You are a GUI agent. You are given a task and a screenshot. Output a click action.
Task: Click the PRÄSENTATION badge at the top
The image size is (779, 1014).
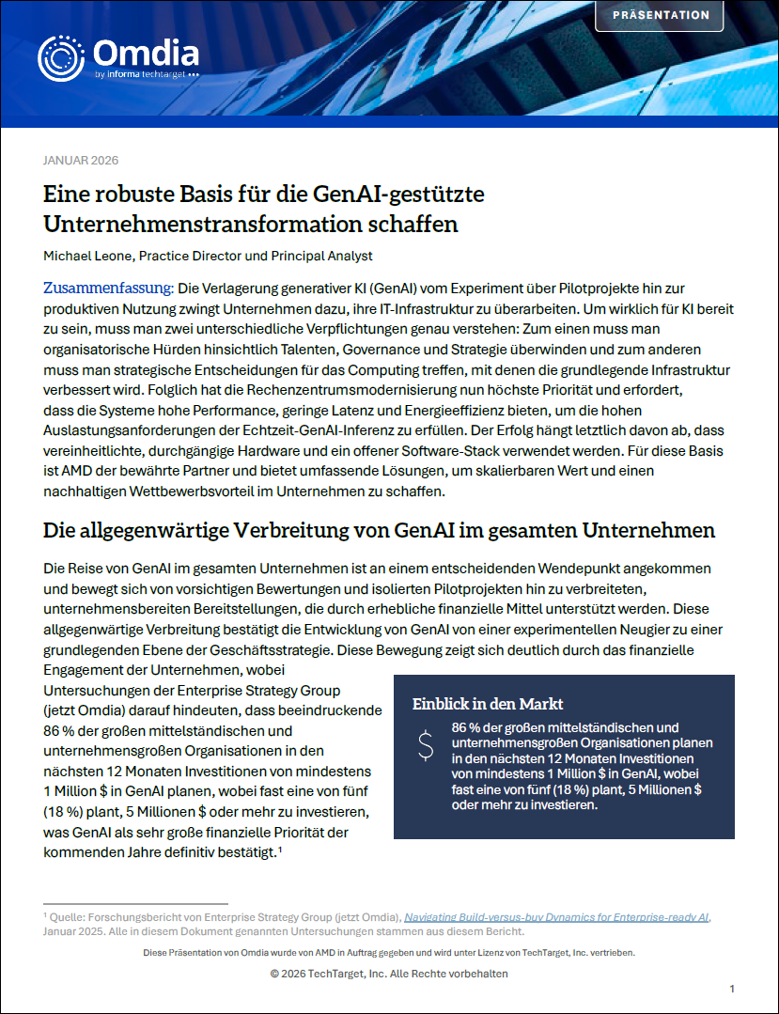(661, 15)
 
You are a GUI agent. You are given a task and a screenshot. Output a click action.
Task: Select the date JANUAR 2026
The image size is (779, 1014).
(81, 160)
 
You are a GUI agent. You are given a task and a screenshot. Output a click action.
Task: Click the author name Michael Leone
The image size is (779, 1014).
(88, 255)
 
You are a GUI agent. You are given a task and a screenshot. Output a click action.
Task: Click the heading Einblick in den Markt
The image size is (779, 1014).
(488, 703)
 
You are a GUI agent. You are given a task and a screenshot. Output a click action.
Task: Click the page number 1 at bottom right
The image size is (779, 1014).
(732, 989)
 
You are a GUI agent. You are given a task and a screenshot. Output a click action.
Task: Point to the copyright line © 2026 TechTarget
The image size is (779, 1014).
(389, 974)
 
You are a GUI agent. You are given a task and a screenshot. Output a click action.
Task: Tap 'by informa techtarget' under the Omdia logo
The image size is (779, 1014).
(147, 73)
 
